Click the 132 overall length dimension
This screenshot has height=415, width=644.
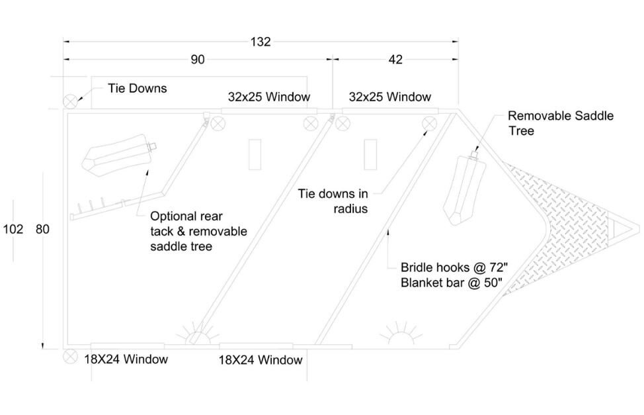click(x=261, y=42)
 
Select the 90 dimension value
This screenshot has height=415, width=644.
click(x=198, y=60)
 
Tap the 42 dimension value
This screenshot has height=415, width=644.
click(x=395, y=60)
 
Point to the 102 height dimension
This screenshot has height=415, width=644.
click(x=13, y=229)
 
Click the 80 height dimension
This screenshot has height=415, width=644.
click(x=42, y=229)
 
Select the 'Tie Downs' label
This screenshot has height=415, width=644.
click(x=138, y=88)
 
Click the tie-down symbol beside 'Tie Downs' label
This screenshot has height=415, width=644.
click(x=70, y=101)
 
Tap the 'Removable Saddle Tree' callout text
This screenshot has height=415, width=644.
click(x=560, y=123)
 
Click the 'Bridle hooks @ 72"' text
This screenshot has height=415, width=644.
click(x=454, y=268)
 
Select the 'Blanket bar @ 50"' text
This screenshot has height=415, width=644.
click(x=452, y=283)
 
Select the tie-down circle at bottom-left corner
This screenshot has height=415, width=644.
click(x=70, y=356)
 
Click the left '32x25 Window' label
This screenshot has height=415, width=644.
click(x=269, y=97)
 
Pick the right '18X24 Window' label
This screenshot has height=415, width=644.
click(x=261, y=360)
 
